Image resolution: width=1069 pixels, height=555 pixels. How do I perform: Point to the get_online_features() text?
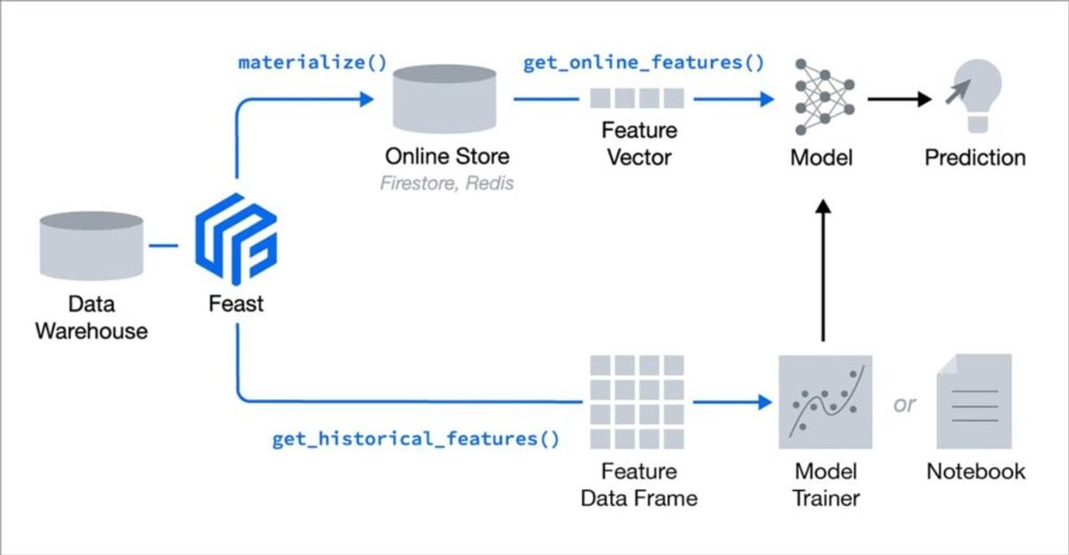point(643,64)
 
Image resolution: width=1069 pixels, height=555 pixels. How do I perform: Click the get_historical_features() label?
point(415,438)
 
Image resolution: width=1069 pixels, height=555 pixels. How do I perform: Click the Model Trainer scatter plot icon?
point(823,401)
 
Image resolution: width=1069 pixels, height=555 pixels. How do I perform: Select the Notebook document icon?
point(973,401)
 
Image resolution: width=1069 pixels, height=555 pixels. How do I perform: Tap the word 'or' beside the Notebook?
point(904,404)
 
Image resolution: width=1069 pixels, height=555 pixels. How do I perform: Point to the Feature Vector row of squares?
point(638,99)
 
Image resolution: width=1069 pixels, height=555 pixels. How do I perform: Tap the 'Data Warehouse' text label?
point(91,317)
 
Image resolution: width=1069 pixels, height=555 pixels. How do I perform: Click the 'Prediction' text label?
point(975,158)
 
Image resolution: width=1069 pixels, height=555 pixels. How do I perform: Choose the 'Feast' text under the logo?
point(236,304)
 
